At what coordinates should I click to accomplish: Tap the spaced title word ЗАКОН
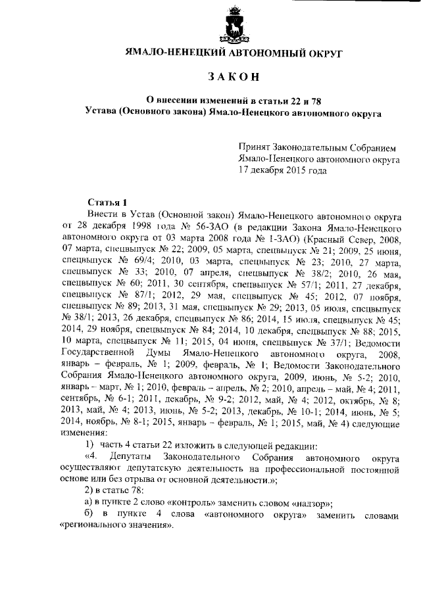coord(234,78)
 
